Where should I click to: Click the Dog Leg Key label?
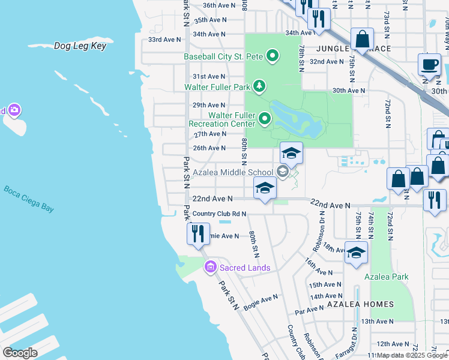point(80,46)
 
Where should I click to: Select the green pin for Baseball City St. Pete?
point(273,57)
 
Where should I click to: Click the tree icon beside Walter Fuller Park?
point(259,86)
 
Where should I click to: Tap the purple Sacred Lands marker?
point(210,268)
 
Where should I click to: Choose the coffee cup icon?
point(429,65)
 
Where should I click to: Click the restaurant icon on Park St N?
point(198,233)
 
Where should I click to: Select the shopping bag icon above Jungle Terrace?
point(363,39)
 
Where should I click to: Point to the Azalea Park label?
point(386,277)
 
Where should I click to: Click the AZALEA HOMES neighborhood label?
point(360,304)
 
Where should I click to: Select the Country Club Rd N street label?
point(220,214)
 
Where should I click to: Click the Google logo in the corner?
point(20,353)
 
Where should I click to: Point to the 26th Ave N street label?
point(209,148)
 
